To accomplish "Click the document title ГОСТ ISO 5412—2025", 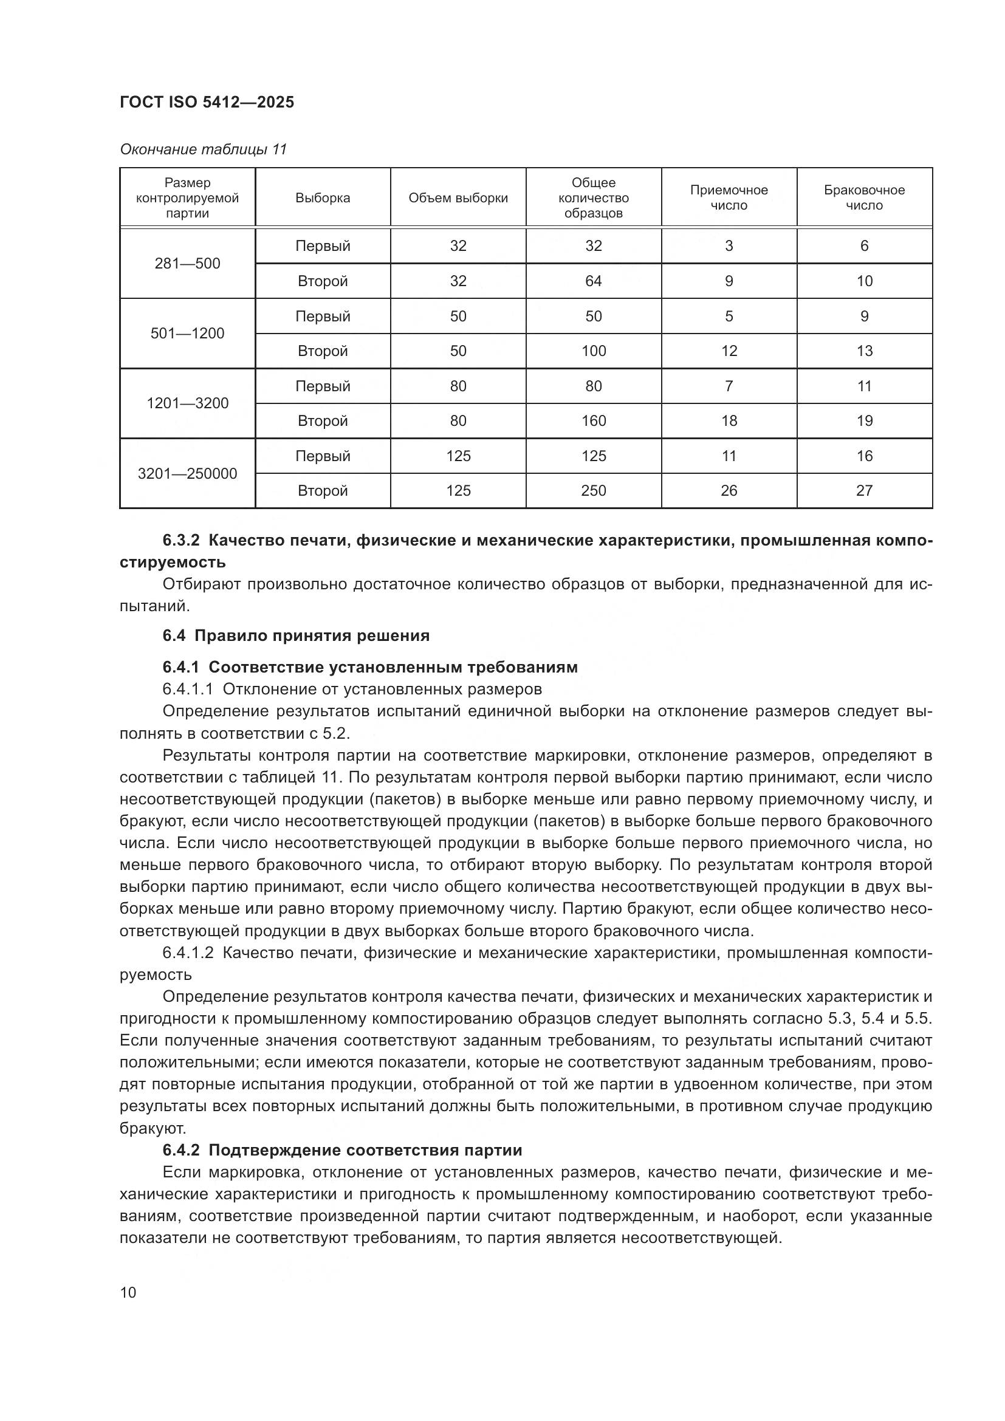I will click(x=207, y=102).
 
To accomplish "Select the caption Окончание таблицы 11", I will click(x=203, y=149).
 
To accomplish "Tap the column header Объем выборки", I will click(x=458, y=198).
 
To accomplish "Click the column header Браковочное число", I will click(x=864, y=197).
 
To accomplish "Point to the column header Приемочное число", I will click(x=729, y=197).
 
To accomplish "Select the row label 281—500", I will click(x=187, y=264).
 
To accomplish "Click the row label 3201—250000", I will click(x=187, y=473).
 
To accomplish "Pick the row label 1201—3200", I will click(x=187, y=403).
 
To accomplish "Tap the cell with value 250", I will click(x=593, y=491).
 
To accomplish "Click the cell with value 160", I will click(x=593, y=421).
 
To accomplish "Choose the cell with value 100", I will click(x=593, y=351).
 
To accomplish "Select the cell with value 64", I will click(x=593, y=281).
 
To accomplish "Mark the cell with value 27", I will click(x=864, y=491).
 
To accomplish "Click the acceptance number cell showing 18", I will click(x=729, y=421).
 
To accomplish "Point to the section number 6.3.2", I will click(x=180, y=540).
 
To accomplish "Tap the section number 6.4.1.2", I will click(x=188, y=953).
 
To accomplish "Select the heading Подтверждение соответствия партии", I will click(x=365, y=1150).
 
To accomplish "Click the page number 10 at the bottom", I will click(x=128, y=1292).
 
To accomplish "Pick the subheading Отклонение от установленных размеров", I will click(x=382, y=689).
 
